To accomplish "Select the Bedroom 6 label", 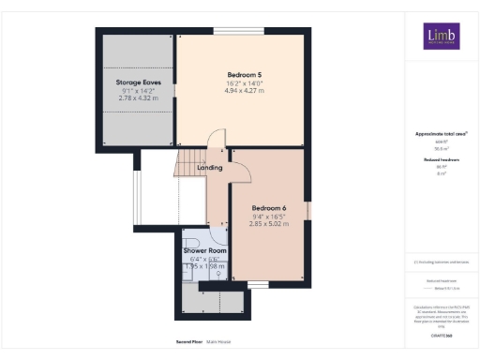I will coord(269,207).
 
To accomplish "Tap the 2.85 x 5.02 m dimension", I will coord(269,224).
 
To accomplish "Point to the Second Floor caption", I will coord(189,342).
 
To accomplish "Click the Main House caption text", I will coord(218,342).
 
